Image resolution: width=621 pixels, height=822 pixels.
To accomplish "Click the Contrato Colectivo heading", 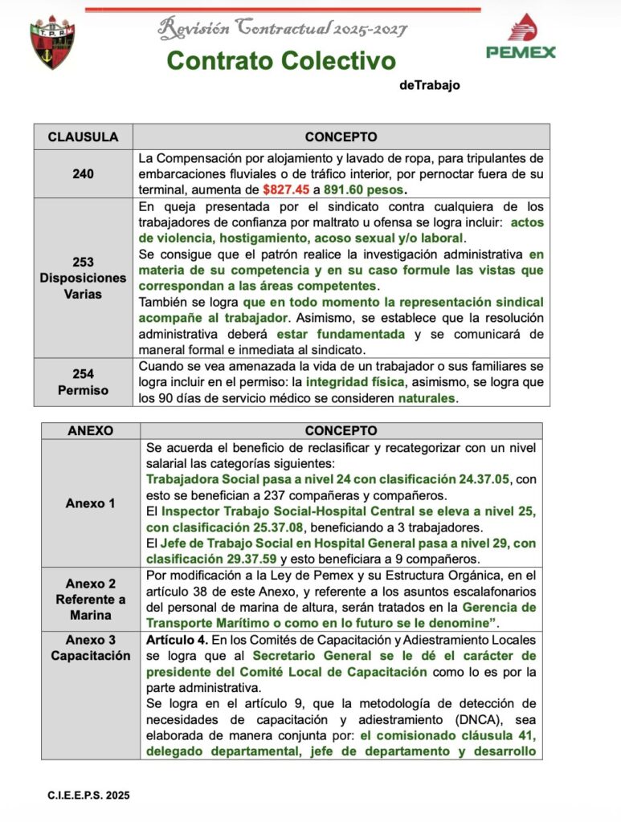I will (x=281, y=60).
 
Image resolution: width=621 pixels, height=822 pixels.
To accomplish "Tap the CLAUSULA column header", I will (x=83, y=136).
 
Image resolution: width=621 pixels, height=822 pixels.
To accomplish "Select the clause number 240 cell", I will (x=83, y=173).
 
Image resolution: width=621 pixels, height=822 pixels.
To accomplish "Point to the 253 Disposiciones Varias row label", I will (x=83, y=277).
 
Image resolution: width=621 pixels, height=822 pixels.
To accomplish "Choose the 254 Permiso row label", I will (x=83, y=381).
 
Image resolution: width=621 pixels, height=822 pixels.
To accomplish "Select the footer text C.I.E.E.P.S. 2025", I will (x=88, y=796).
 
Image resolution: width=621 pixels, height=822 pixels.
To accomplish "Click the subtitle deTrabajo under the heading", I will (x=429, y=85).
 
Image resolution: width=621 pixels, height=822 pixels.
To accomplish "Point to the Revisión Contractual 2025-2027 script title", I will (x=282, y=28).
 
